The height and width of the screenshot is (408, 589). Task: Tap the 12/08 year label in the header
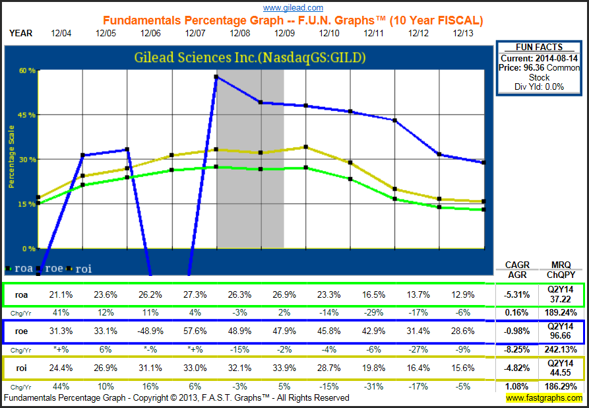[240, 32]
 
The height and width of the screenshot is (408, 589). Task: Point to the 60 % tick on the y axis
[27, 71]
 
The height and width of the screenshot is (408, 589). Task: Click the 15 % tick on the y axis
[27, 204]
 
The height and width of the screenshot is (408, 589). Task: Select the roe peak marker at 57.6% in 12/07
[216, 77]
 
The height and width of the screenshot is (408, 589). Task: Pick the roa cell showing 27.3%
[195, 295]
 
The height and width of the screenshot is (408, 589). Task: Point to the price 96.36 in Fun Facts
[540, 67]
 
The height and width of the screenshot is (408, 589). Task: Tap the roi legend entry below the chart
[82, 269]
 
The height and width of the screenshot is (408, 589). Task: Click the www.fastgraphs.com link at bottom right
[544, 398]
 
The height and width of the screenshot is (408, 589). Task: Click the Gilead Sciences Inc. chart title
[250, 58]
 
